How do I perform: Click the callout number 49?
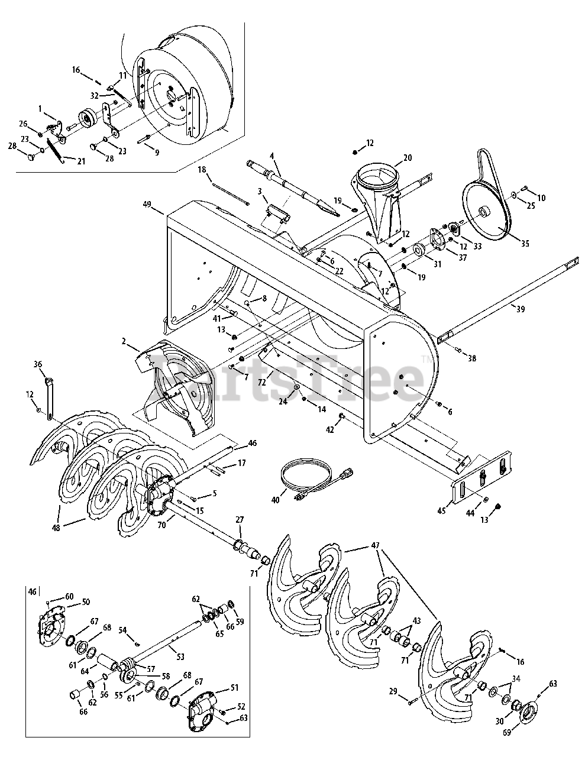pyautogui.click(x=147, y=204)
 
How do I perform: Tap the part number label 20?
pyautogui.click(x=408, y=158)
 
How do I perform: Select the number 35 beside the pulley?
pyautogui.click(x=525, y=244)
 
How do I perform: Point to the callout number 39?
pyautogui.click(x=520, y=309)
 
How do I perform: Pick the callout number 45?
pyautogui.click(x=441, y=512)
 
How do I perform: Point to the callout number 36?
pyautogui.click(x=38, y=364)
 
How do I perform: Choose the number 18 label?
pyautogui.click(x=202, y=170)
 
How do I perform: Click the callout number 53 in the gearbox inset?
pyautogui.click(x=180, y=656)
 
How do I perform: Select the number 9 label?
pyautogui.click(x=157, y=152)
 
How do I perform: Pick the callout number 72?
pyautogui.click(x=261, y=383)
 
